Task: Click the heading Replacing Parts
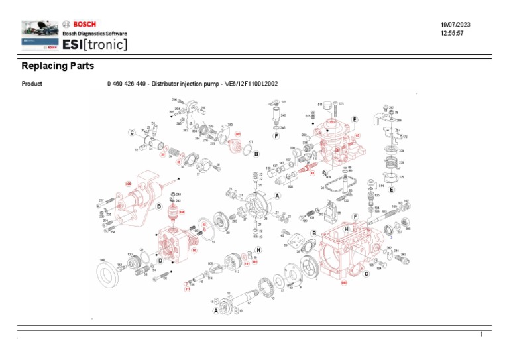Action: [58, 66]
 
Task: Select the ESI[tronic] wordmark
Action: [95, 44]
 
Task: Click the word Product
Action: [32, 84]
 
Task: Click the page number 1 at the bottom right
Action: [482, 336]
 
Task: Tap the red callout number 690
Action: [344, 283]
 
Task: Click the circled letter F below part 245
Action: [276, 136]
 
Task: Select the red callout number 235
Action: [129, 183]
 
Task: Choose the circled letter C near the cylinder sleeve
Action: [132, 133]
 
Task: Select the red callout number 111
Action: [187, 290]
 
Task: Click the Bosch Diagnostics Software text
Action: [94, 34]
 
